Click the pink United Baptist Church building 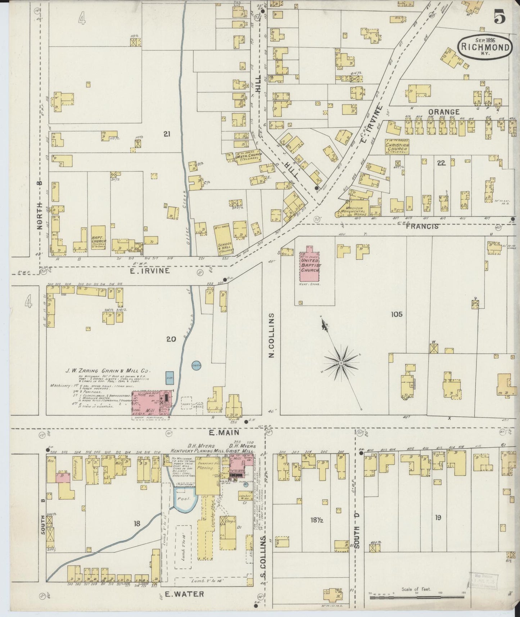pyautogui.click(x=309, y=265)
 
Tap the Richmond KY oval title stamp pyautogui.click(x=485, y=47)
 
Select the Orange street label pyautogui.click(x=443, y=112)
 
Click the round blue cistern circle pyautogui.click(x=196, y=366)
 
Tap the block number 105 pyautogui.click(x=397, y=314)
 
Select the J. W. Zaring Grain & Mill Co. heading pyautogui.click(x=113, y=371)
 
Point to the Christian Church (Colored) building pyautogui.click(x=397, y=147)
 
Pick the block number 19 pyautogui.click(x=438, y=518)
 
